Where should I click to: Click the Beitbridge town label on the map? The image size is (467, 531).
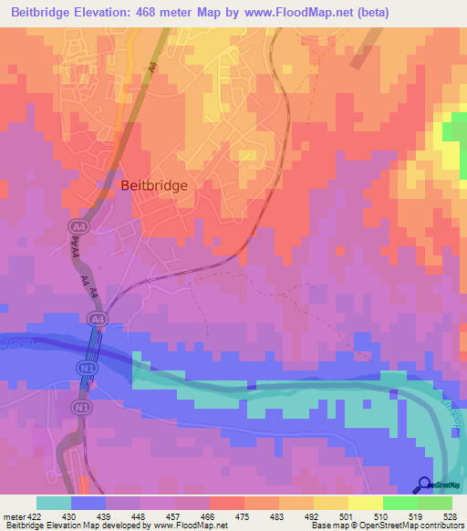(x=154, y=184)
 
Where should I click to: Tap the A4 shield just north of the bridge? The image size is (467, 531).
(x=97, y=318)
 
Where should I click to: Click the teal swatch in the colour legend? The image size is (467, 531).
(x=54, y=503)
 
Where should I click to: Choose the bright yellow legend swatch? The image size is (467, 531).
(x=365, y=503)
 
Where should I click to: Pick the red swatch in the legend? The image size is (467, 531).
(x=226, y=503)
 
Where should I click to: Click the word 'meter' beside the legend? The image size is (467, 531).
(x=13, y=515)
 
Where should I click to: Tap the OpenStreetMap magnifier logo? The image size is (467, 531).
(x=425, y=485)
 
